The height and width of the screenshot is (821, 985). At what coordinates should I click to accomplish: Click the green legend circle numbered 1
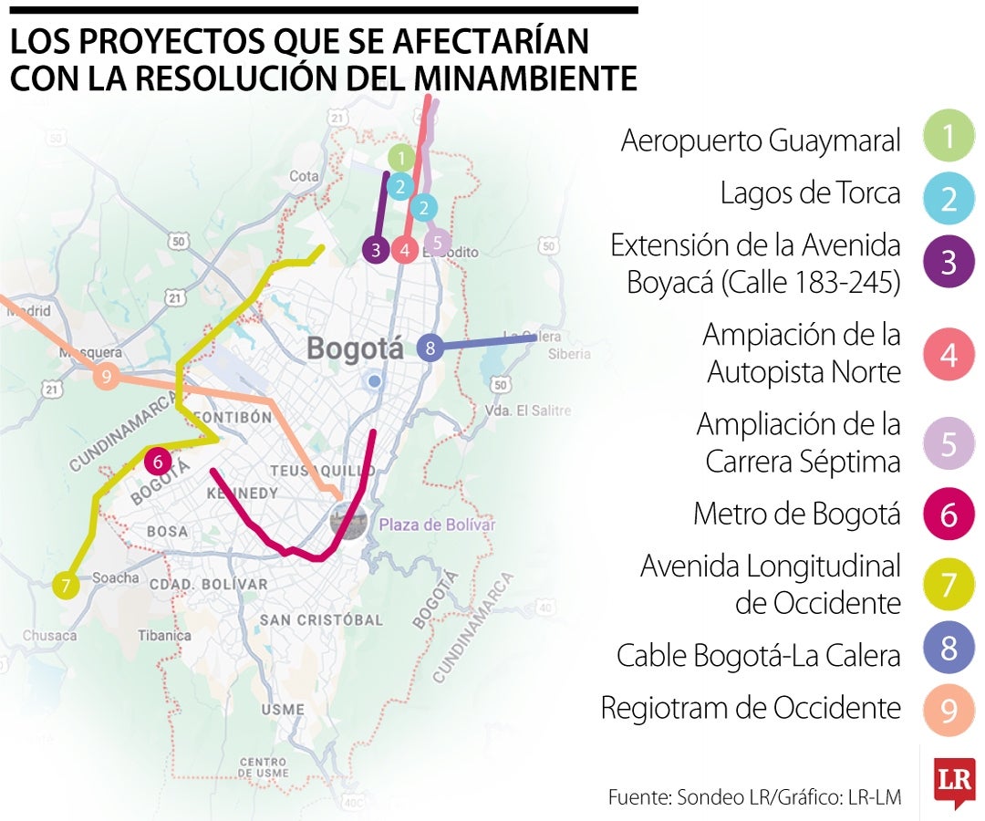point(949,138)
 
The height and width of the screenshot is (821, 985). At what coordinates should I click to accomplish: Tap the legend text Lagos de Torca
point(810,193)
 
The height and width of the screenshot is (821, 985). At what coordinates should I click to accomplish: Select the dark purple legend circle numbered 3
point(949,262)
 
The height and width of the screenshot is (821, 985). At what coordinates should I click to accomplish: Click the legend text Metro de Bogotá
point(796,514)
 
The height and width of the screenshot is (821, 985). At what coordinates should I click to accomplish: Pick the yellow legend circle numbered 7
point(949,584)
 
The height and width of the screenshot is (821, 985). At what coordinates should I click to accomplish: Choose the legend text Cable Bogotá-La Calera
point(758,655)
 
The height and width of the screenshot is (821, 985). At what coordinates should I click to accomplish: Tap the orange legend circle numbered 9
point(949,709)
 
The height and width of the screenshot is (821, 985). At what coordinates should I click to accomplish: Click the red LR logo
point(954,782)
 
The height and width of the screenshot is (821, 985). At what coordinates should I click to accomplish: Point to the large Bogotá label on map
point(355,348)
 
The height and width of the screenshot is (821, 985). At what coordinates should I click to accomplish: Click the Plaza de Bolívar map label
point(437,525)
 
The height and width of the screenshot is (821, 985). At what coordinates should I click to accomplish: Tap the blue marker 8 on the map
point(430,348)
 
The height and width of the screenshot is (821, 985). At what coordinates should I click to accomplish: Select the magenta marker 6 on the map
point(158,462)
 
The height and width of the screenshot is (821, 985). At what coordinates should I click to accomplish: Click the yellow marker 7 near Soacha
point(65,584)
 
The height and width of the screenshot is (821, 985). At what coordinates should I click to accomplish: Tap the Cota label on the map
point(304,175)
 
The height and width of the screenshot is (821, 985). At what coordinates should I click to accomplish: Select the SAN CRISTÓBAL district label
point(321,620)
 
